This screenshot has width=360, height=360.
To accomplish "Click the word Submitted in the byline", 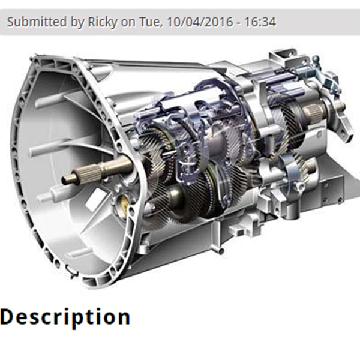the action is pyautogui.click(x=37, y=22).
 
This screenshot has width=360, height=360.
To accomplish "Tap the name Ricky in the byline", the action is pyautogui.click(x=103, y=22).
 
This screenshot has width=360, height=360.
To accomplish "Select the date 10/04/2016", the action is pyautogui.click(x=200, y=22).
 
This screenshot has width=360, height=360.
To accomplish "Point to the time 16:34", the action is pyautogui.click(x=260, y=22).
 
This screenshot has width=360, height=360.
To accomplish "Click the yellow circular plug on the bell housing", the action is pyautogui.click(x=124, y=204).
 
